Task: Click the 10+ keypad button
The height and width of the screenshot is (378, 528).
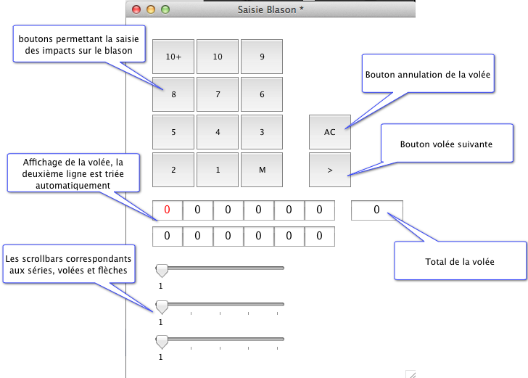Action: coord(173,57)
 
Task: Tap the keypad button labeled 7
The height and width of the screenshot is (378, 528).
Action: coord(218,94)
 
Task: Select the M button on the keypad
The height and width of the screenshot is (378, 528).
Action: coord(262,170)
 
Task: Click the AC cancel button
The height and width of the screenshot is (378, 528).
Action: coord(330,132)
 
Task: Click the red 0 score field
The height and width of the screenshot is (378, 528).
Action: coord(167,210)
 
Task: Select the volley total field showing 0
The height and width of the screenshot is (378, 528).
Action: coord(376,210)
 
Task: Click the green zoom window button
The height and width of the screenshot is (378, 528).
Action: coord(165,9)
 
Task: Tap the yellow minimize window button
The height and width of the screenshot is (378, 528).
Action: coord(151,9)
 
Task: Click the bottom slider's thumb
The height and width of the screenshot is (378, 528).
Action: coord(162,342)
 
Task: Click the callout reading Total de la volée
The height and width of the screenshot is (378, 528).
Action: coord(460,261)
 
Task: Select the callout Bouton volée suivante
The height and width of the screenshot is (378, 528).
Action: coord(446,144)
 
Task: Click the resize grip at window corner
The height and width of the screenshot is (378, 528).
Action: coord(410,373)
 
